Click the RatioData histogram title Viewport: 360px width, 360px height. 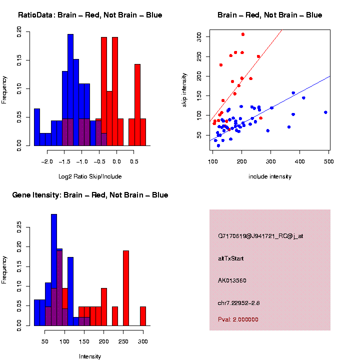90,15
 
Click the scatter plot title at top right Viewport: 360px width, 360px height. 269,15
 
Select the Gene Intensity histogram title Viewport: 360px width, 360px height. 90,195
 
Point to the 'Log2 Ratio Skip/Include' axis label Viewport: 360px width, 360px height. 90,176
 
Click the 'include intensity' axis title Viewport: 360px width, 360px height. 269,176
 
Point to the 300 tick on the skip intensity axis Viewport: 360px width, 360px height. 199,36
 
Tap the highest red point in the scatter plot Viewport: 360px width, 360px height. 243,34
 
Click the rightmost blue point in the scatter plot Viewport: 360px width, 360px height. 325,112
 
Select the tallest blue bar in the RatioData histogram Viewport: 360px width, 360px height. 70,90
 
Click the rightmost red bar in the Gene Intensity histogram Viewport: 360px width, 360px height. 143,316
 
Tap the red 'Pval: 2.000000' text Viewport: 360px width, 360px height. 238,319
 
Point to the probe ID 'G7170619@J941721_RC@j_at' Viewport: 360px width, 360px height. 260,236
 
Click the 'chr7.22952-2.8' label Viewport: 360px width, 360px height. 238,303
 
